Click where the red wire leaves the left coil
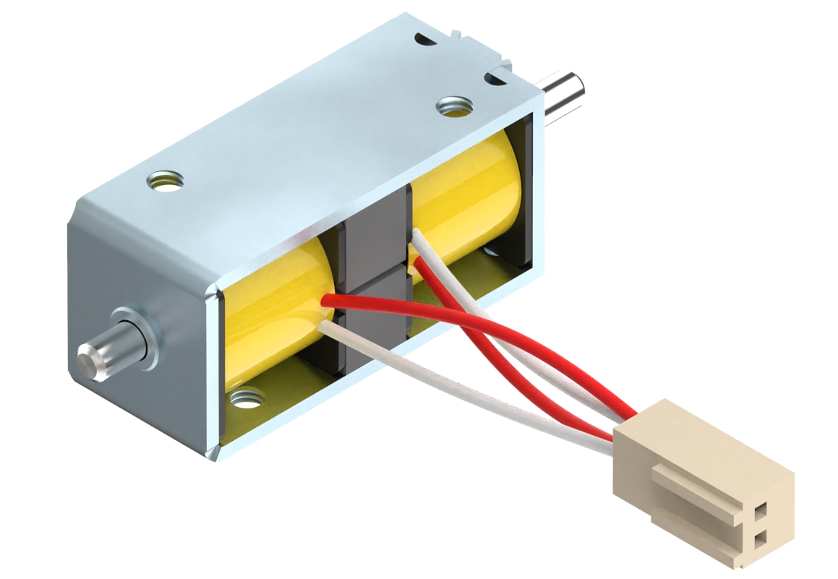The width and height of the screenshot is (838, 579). [327, 300]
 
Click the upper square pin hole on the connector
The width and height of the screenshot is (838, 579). [760, 511]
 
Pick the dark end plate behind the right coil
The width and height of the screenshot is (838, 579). [526, 195]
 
